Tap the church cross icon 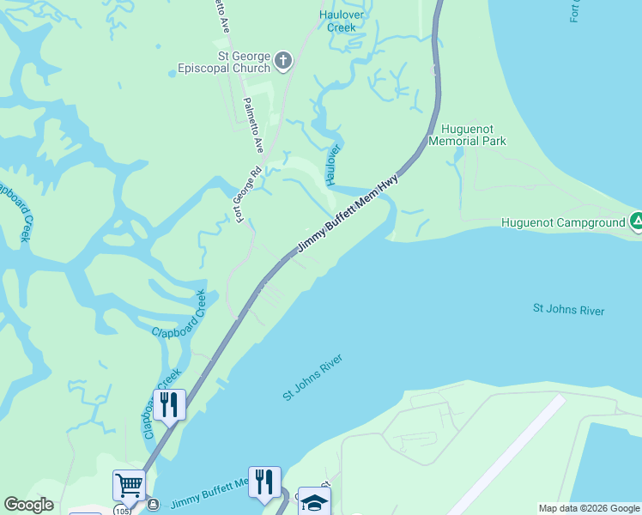pos(284,61)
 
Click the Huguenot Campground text pos(564,223)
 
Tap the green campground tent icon pos(636,221)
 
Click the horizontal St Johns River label pos(568,310)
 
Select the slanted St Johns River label pos(313,378)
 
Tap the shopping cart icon pos(129,485)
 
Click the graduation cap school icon pos(314,503)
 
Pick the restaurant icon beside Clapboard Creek pos(169,403)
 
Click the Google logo pos(28,505)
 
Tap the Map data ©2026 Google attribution pos(589,508)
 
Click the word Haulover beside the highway pos(334,164)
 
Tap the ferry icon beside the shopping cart pos(153,504)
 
